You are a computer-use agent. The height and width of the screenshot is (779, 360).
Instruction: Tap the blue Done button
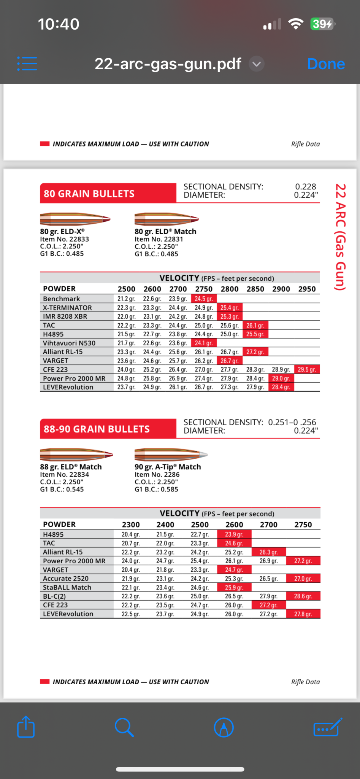click(x=326, y=64)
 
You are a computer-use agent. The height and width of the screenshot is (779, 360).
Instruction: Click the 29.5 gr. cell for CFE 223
click(x=307, y=369)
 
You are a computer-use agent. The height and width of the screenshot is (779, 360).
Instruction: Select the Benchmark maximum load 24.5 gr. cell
click(x=204, y=299)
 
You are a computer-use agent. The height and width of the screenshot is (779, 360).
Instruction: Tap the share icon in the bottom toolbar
click(x=26, y=727)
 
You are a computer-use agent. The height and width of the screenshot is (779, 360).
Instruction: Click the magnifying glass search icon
click(x=124, y=727)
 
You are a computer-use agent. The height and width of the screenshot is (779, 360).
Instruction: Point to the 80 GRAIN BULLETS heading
click(x=89, y=194)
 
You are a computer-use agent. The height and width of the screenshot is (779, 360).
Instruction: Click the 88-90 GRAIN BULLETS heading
click(x=97, y=429)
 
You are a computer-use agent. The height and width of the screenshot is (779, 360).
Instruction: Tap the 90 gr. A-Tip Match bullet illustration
click(x=171, y=454)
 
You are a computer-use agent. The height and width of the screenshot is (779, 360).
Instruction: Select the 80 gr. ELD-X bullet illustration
click(x=75, y=219)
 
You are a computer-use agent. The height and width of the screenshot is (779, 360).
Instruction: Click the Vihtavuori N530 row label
click(x=69, y=343)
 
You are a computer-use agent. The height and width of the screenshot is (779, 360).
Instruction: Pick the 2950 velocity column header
click(x=307, y=289)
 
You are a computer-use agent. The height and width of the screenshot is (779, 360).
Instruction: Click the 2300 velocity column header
click(x=131, y=525)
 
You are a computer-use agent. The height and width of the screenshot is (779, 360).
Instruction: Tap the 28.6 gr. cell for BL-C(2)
click(x=303, y=596)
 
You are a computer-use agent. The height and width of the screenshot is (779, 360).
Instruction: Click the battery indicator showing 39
click(x=322, y=24)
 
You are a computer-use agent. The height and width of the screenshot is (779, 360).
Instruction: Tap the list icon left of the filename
click(x=27, y=64)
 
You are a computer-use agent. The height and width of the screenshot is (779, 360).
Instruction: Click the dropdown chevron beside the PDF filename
click(x=257, y=64)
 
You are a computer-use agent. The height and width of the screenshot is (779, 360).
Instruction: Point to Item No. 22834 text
click(x=65, y=474)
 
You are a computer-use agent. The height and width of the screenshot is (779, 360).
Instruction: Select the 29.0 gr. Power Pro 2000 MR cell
click(x=281, y=378)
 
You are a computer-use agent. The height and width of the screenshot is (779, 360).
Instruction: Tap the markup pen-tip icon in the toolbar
click(x=224, y=727)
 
